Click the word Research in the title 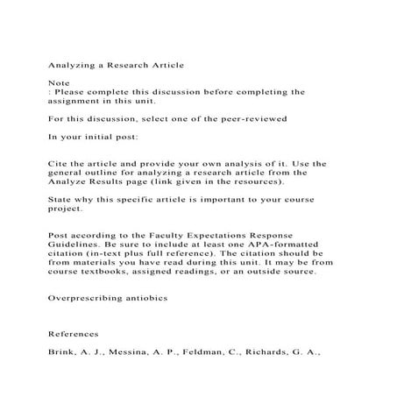(129, 64)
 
